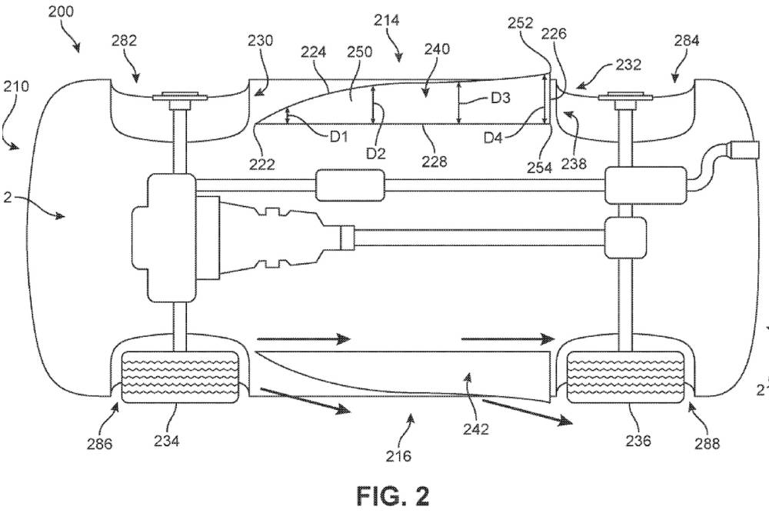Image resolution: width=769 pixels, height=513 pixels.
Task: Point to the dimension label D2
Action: (375, 153)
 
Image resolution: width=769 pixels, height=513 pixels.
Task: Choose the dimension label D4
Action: (496, 136)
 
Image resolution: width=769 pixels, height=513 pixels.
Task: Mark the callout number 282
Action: (125, 42)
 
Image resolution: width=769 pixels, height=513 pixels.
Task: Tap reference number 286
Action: (99, 444)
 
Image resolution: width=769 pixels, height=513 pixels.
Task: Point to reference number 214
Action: (385, 21)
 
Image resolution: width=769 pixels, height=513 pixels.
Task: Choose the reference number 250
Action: (358, 52)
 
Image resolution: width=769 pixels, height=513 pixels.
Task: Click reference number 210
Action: (16, 85)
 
